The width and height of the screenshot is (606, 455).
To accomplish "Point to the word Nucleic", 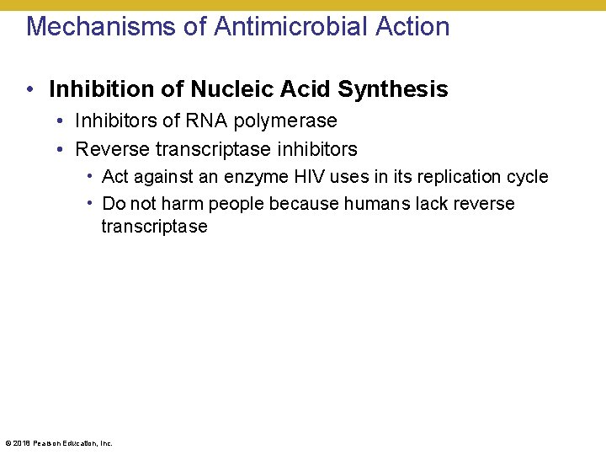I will tap(221, 88).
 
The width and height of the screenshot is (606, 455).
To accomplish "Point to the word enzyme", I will tap(255, 177).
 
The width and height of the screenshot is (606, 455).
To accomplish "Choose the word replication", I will tap(465, 177).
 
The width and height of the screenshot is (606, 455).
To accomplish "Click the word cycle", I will tap(529, 177).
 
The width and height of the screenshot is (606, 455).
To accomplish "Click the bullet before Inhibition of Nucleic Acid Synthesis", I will tap(29, 88).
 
